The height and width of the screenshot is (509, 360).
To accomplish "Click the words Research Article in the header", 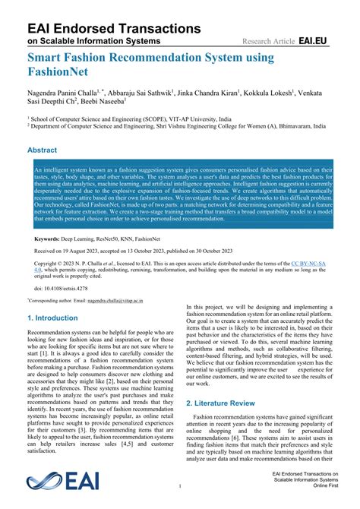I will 268,40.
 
